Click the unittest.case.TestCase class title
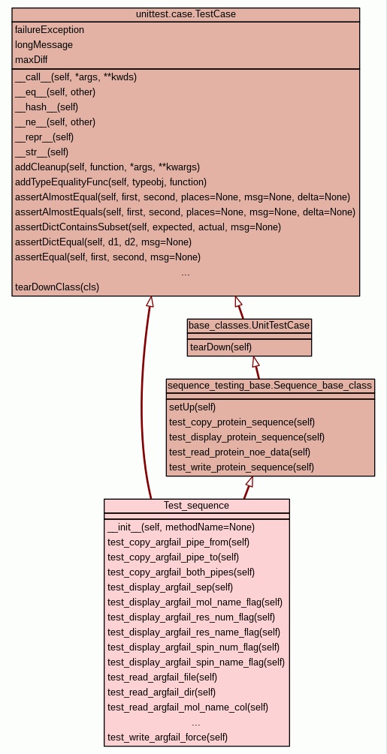186,14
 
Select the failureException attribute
50,30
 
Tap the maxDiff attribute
32,59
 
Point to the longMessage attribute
44,45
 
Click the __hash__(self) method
47,107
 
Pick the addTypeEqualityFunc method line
110,182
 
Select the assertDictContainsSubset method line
148,227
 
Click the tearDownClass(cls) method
57,287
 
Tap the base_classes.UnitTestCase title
249,326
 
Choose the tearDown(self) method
221,347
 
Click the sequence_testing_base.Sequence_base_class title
270,385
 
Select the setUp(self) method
192,407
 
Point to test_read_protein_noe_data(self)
240,452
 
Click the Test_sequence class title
196,506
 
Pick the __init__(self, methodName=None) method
181,527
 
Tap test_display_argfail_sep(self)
171,587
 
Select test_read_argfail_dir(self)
162,692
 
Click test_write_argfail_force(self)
168,737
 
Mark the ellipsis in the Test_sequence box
196,724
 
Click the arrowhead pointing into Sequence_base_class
249,482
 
